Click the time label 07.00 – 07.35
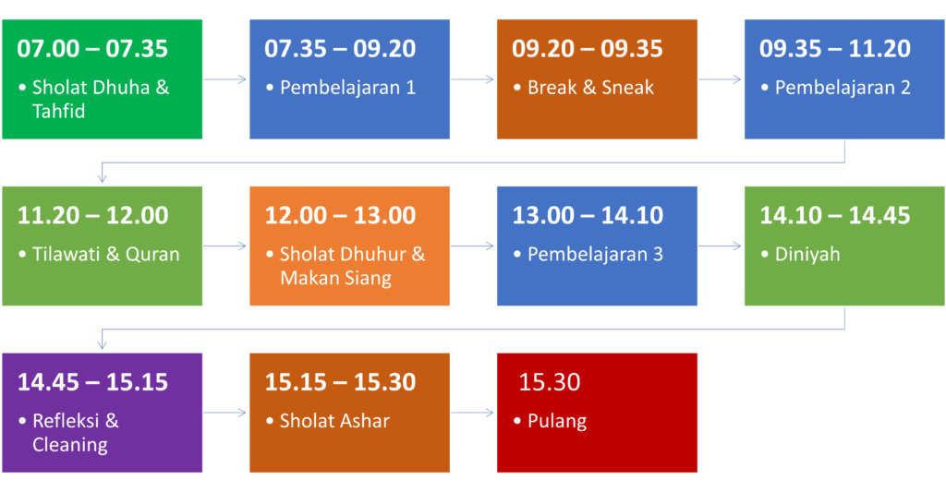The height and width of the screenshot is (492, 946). tap(92, 49)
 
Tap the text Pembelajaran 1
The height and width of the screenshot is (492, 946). tap(347, 88)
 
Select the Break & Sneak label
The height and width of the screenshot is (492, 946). tap(590, 88)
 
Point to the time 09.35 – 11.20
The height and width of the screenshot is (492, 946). tap(835, 49)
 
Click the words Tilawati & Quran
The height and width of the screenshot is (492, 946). tap(106, 254)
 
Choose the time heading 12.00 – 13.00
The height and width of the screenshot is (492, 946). tap(340, 215)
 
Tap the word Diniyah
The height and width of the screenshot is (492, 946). tap(807, 255)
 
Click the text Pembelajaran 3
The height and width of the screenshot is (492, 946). tap(595, 254)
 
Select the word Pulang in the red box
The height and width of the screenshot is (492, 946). tap(557, 421)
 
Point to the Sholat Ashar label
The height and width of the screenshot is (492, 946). tap(334, 420)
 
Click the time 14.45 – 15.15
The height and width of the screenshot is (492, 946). tap(92, 382)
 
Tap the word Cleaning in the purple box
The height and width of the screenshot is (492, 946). tap(70, 445)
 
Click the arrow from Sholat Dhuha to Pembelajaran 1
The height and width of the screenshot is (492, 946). tap(225, 79)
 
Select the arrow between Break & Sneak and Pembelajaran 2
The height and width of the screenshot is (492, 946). tap(720, 79)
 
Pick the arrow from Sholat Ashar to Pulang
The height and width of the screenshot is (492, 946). tap(472, 413)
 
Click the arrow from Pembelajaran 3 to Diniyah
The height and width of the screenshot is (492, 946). tap(720, 246)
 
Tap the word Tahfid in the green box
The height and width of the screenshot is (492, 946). tap(58, 112)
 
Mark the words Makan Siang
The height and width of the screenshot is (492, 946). tap(336, 278)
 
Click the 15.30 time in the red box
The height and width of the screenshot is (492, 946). tap(550, 382)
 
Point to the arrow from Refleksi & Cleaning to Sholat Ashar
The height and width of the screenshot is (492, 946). tap(225, 413)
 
